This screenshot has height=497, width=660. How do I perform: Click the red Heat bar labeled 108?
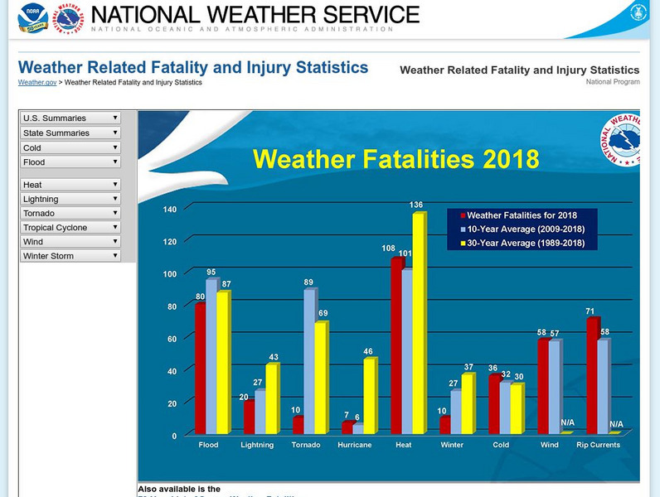[x=396, y=346]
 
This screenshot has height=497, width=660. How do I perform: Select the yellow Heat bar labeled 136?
[x=418, y=324]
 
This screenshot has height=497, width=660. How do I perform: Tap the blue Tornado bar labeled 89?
[x=308, y=361]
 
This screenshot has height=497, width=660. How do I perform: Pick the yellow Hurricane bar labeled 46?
[x=369, y=396]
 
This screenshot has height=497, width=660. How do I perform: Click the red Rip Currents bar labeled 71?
[x=591, y=376]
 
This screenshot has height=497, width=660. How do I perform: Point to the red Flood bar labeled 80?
[x=200, y=369]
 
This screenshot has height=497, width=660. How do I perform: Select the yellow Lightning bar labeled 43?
[x=271, y=399]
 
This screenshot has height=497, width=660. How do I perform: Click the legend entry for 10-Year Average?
[x=526, y=229]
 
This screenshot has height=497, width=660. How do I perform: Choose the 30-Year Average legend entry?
[x=526, y=244]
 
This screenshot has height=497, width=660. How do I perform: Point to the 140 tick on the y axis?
[x=169, y=210]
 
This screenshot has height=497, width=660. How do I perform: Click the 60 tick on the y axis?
[x=172, y=339]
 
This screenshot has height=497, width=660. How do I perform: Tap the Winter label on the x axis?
[x=452, y=445]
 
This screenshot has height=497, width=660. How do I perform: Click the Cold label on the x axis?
[x=501, y=445]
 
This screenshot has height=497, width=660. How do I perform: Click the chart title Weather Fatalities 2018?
[x=396, y=158]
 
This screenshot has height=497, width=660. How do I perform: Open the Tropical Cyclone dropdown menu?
[x=70, y=228]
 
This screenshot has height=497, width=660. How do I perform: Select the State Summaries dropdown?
[x=70, y=133]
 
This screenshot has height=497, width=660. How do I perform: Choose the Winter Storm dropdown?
[x=70, y=256]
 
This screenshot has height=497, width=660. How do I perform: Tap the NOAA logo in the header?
[x=33, y=17]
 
